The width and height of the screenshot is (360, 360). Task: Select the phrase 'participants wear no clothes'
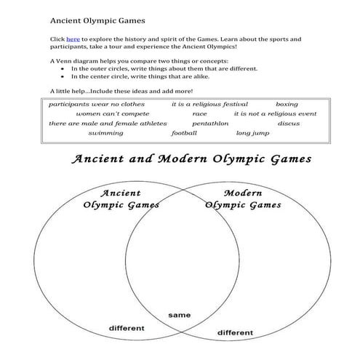pos(97,104)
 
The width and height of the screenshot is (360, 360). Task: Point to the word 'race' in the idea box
pos(199,113)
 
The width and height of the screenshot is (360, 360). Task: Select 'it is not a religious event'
pos(275,113)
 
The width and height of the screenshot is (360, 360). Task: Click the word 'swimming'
pos(105,133)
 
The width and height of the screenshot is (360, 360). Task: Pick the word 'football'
pos(184,133)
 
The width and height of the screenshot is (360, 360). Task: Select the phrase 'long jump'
pos(252,133)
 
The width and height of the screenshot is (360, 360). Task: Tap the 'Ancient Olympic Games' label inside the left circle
pos(121,199)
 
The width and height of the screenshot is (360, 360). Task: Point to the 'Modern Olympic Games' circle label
pos(243,199)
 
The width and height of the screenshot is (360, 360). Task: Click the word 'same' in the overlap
pos(179,315)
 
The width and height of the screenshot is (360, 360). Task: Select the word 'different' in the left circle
pos(127,328)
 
